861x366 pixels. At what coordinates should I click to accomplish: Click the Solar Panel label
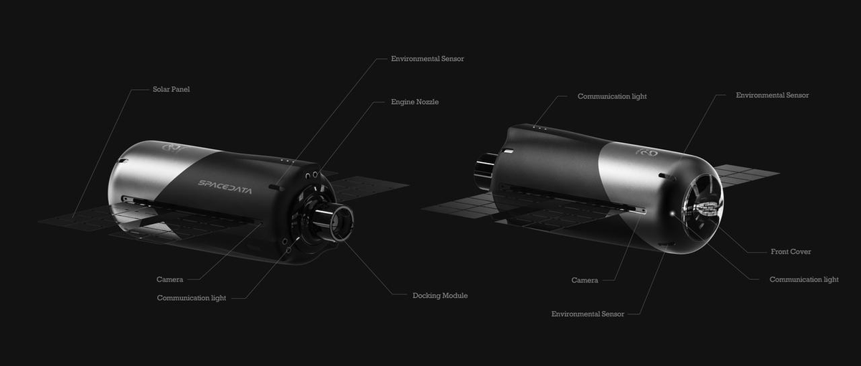point(171,89)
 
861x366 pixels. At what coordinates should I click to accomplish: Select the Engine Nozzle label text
point(415,102)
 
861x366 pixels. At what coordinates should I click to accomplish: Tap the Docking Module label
point(440,296)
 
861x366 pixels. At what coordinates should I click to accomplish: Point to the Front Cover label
point(791,251)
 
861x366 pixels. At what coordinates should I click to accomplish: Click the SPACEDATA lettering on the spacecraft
point(225,187)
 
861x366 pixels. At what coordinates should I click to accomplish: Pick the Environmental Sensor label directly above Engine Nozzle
point(428,59)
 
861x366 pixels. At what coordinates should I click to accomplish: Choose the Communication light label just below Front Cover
point(804,279)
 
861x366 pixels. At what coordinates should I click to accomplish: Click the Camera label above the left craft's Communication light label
point(169,279)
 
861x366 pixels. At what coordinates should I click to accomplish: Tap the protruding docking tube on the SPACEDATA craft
point(332,222)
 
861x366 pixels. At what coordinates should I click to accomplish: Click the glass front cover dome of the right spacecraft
point(702,207)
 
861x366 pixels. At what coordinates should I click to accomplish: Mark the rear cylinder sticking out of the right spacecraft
point(486,171)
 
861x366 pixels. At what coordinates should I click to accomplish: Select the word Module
point(455,296)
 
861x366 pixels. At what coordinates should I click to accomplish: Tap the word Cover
point(801,251)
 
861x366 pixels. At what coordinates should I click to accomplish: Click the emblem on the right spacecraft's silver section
point(646,152)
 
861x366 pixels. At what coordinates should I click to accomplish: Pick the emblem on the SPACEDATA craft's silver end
point(171,147)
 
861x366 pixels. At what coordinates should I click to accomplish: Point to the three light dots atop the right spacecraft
point(540,127)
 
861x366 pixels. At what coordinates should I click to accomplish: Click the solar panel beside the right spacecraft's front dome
point(745,175)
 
